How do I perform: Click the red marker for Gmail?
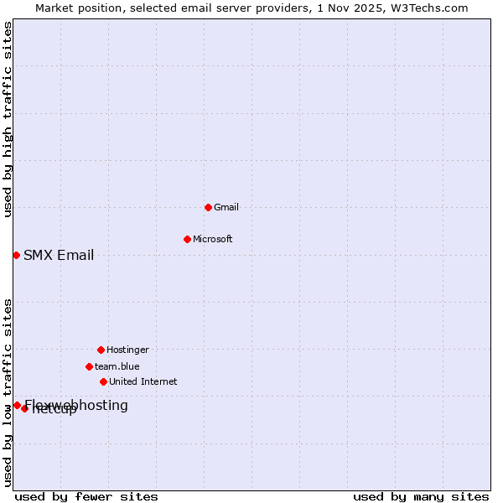click(x=208, y=207)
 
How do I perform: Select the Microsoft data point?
click(x=187, y=239)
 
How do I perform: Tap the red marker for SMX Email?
click(x=16, y=255)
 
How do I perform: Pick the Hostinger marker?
click(x=101, y=350)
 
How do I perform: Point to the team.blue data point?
click(x=89, y=366)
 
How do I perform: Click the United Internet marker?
click(x=103, y=381)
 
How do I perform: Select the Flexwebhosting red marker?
click(x=17, y=405)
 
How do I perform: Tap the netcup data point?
click(x=25, y=408)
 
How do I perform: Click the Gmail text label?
click(x=226, y=207)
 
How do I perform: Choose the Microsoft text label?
click(x=213, y=239)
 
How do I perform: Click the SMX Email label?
click(x=59, y=256)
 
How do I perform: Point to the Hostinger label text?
click(x=127, y=350)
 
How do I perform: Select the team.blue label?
click(x=117, y=366)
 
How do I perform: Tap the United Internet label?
click(x=143, y=381)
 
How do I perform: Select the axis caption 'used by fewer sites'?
click(x=86, y=496)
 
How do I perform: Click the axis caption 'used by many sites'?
click(x=421, y=496)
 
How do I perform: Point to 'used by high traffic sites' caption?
click(x=8, y=119)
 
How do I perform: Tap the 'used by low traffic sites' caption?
click(x=8, y=392)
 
